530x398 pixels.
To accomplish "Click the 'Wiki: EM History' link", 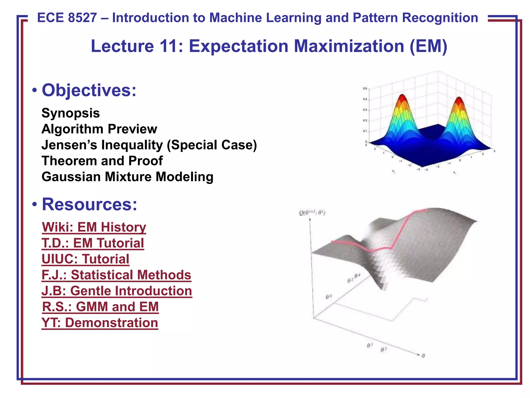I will coord(94,227).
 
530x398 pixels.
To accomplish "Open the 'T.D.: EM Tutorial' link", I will coord(93,243).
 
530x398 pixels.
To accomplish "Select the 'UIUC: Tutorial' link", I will coord(85,259).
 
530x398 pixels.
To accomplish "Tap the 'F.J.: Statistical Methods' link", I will coord(116,275).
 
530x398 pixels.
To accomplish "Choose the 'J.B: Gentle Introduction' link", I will coord(117,291).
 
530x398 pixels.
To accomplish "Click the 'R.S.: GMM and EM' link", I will coord(100,307).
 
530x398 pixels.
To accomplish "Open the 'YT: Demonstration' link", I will coord(100,323).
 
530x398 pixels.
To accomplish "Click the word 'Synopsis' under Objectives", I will coord(70,113).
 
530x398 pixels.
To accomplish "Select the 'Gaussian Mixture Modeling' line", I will coord(127,177).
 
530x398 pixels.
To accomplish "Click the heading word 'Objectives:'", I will coord(89,90).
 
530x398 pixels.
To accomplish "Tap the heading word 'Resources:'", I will coord(89,204).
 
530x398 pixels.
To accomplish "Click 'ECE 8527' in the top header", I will coord(67,18).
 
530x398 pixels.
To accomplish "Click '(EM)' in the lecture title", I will coord(428,46).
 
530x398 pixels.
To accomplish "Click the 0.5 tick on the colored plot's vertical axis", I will coord(365,89).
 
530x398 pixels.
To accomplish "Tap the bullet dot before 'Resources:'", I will coord(34,205).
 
